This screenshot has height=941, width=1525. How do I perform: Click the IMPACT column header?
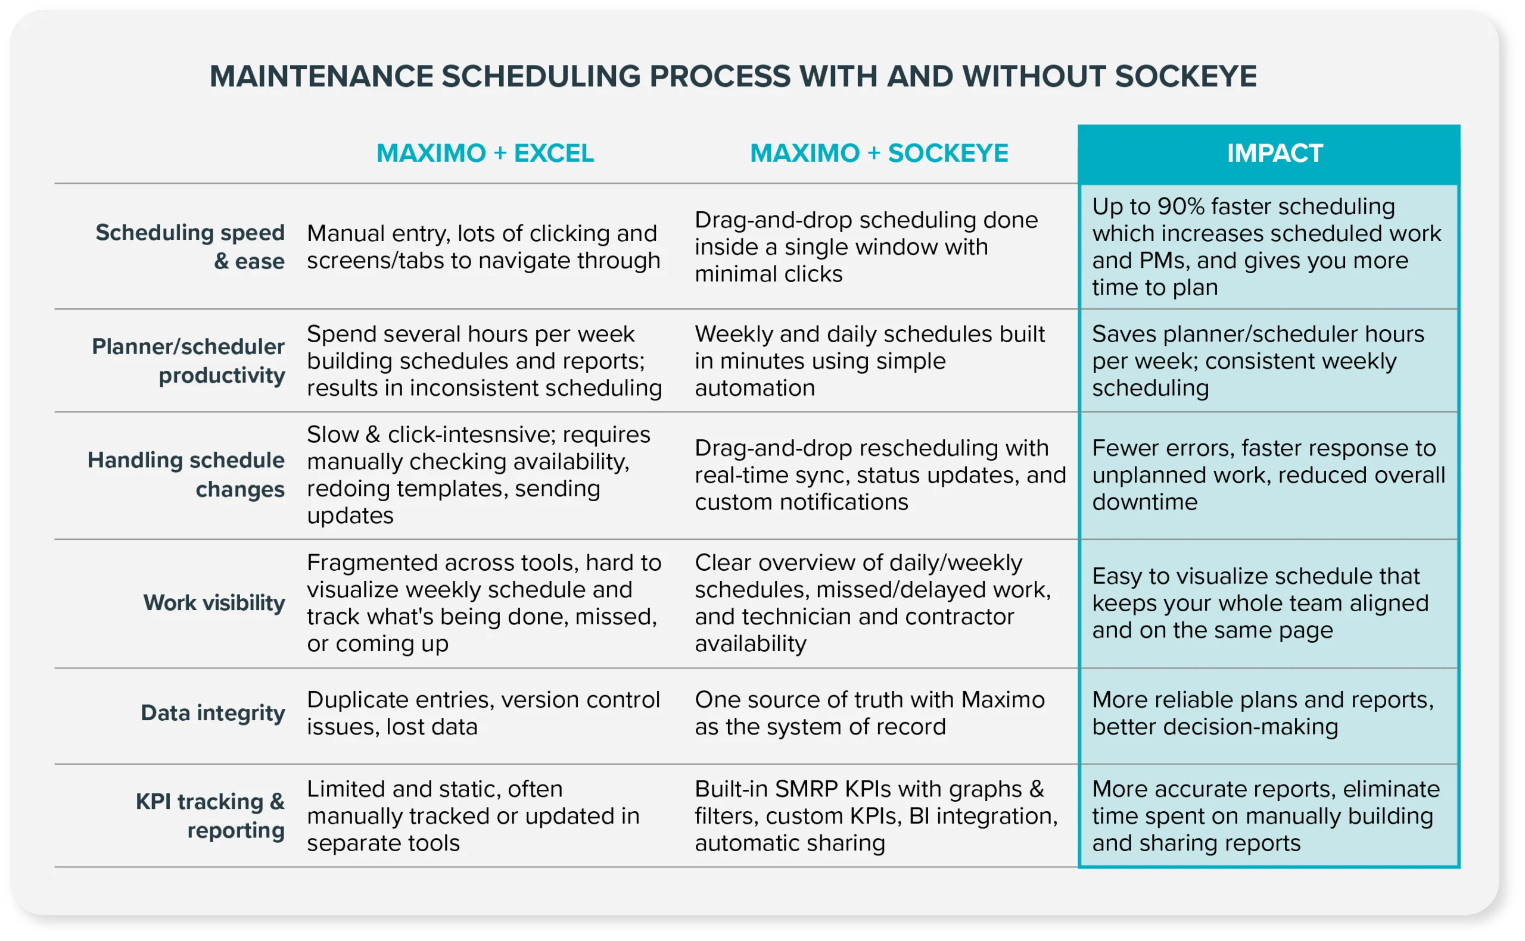point(1274,154)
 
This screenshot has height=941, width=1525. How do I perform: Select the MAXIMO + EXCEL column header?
point(485,154)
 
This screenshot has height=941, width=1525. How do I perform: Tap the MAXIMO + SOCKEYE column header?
point(879,154)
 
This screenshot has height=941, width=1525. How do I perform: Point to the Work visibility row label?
point(214,602)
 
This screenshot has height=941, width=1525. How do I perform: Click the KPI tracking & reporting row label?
point(210,815)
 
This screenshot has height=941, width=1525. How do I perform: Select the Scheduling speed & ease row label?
point(190,246)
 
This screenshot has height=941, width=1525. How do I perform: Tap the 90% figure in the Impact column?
point(1181,207)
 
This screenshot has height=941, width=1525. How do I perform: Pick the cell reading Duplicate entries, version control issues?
point(483,713)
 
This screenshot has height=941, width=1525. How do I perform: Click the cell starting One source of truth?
point(869,713)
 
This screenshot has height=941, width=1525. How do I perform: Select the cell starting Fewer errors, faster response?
point(1268,475)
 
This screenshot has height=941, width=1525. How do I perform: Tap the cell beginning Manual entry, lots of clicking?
point(483,247)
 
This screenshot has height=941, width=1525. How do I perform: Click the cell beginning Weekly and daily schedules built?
point(869,361)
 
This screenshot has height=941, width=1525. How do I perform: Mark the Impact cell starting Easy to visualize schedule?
point(1260,603)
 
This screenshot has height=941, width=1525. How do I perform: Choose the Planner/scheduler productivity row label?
point(188,361)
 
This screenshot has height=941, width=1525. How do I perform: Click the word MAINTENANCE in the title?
point(321,77)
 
